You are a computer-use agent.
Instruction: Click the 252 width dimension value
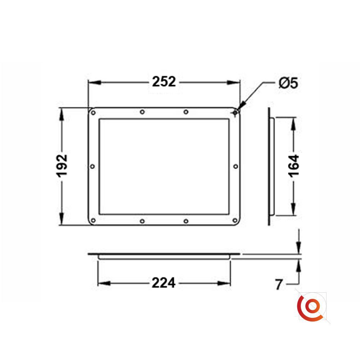coord(164,82)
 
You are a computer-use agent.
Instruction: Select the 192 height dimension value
coord(62,166)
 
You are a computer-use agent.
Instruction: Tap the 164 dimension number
coord(294,166)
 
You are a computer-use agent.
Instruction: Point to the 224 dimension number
coord(163,283)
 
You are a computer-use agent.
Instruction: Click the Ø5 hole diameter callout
coord(288,83)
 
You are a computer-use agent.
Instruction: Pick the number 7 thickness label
coord(279,285)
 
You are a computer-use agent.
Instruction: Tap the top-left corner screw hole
coord(93,113)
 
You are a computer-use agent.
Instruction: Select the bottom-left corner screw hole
coord(93,221)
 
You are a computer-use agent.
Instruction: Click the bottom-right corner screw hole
coord(235,221)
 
